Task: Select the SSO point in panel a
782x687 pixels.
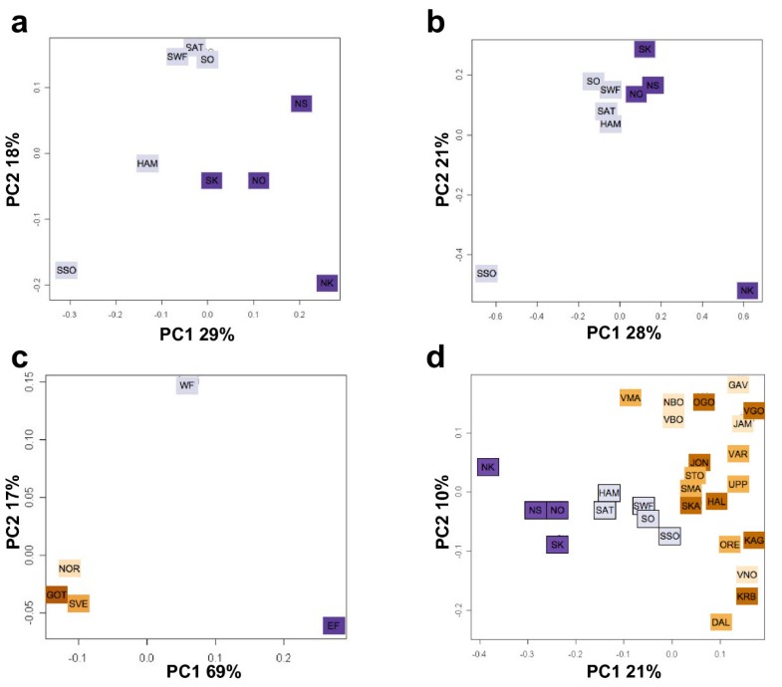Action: pyautogui.click(x=67, y=270)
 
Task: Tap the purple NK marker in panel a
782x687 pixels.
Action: pyautogui.click(x=327, y=284)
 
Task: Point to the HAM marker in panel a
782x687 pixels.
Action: pyautogui.click(x=147, y=163)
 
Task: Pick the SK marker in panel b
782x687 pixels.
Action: pyautogui.click(x=645, y=50)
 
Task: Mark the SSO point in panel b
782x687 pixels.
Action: pyautogui.click(x=486, y=273)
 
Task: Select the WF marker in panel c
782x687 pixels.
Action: pyautogui.click(x=186, y=385)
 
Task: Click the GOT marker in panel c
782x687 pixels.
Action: pyautogui.click(x=57, y=594)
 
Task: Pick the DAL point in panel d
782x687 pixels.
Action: pyautogui.click(x=721, y=622)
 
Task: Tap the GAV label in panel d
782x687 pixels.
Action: pyautogui.click(x=737, y=385)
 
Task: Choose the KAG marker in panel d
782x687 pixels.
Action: pyautogui.click(x=753, y=541)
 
